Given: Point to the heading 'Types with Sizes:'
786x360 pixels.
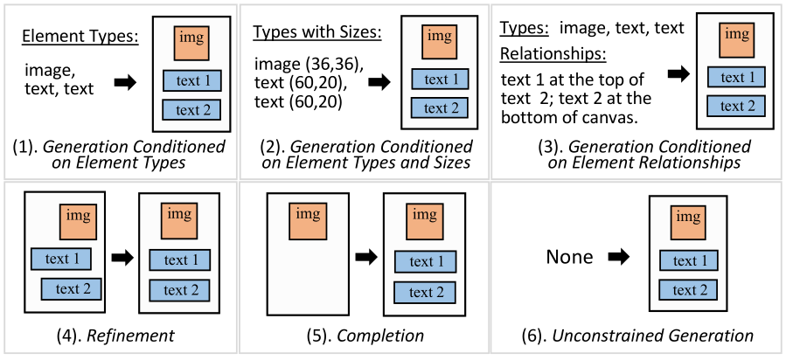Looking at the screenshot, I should click(317, 33).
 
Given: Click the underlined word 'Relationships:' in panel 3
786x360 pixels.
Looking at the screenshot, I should click(553, 54).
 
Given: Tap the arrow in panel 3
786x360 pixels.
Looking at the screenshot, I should click(677, 75).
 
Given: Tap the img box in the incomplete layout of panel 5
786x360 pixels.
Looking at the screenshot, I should click(309, 221).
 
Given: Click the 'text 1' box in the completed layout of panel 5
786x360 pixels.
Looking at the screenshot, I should click(423, 262).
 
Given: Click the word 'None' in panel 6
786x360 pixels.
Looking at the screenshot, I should click(569, 257).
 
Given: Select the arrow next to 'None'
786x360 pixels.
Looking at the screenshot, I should click(618, 258).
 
